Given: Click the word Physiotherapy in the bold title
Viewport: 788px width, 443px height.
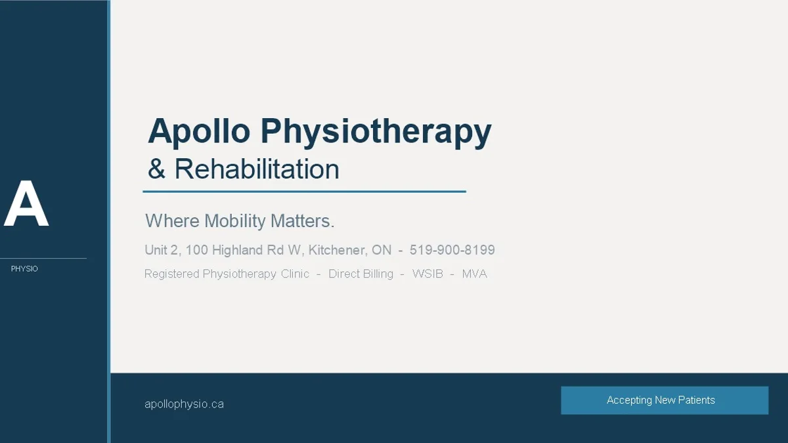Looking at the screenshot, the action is click(376, 132).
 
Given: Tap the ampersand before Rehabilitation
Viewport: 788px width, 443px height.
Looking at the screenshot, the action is click(156, 169).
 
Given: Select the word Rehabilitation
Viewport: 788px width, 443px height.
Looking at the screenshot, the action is click(257, 169).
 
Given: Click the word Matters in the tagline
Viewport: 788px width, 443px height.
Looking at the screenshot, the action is click(302, 221).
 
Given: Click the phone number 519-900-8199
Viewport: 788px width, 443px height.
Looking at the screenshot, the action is click(452, 250).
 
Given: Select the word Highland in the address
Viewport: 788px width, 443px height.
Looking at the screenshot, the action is click(237, 250).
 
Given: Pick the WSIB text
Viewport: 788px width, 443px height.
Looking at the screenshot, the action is click(427, 274).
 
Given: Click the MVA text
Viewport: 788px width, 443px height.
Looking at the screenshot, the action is click(475, 274).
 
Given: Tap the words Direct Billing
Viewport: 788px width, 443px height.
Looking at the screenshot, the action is click(361, 274).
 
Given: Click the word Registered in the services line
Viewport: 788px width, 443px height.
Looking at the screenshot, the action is click(172, 274).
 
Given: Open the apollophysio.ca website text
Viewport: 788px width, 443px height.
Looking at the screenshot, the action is click(184, 404).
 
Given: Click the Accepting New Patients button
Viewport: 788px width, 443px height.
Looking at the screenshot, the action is click(665, 400).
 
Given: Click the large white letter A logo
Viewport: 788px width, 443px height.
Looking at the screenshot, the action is click(26, 203).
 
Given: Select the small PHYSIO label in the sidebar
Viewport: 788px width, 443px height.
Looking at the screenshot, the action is click(24, 268).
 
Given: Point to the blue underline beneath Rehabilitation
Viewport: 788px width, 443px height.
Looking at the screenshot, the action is click(304, 192).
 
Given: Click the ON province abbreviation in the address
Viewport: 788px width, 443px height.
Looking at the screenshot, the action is click(382, 250).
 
